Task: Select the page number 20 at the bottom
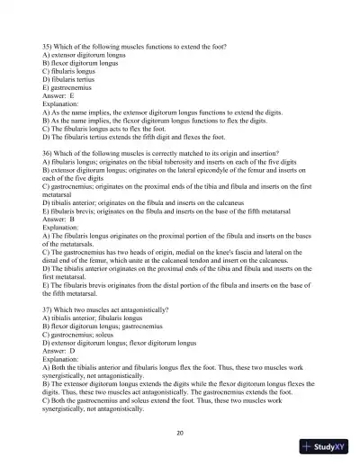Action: pos(181,432)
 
